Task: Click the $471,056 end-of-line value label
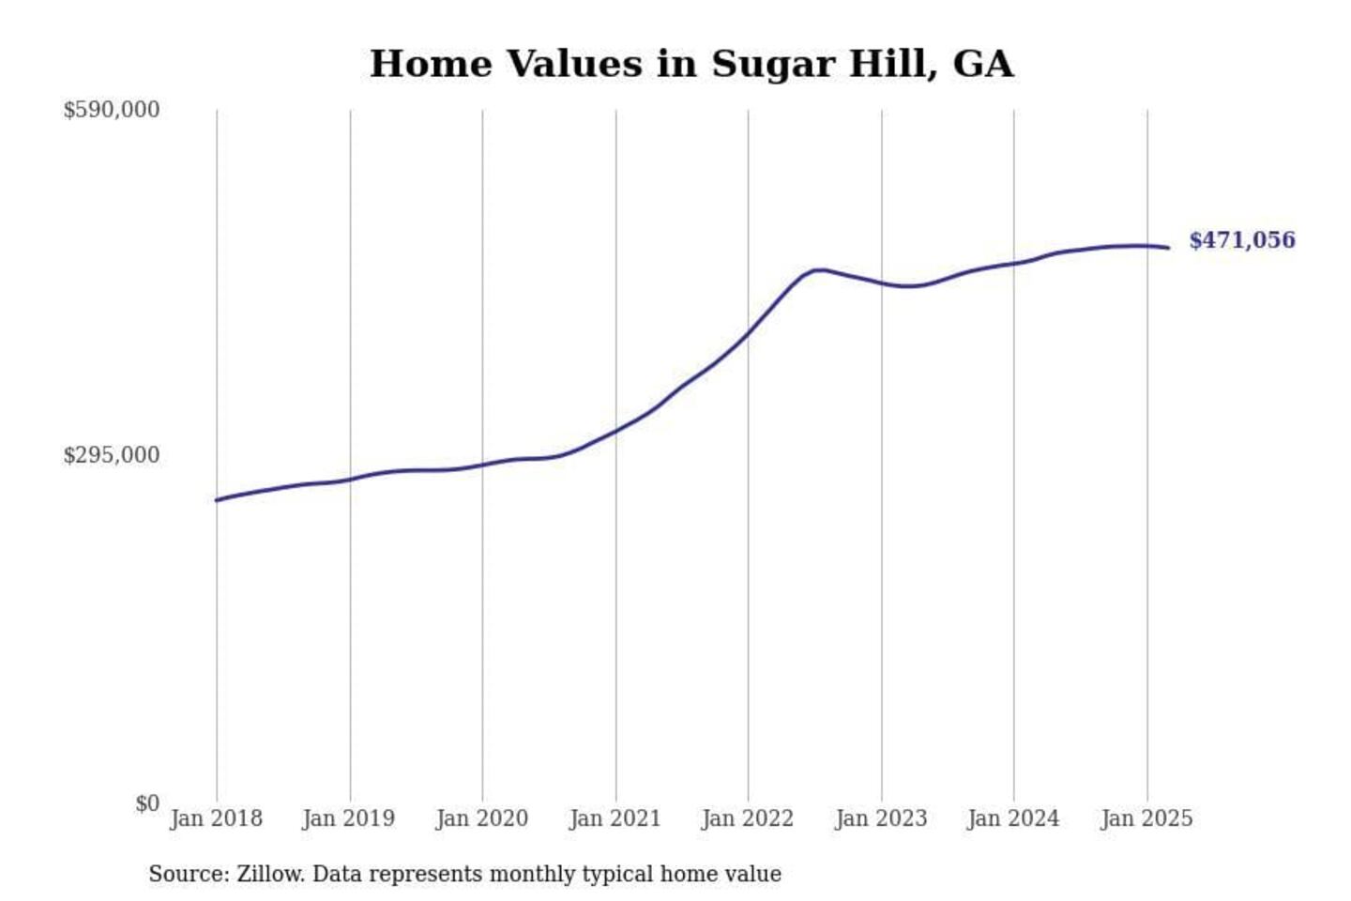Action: click(1241, 240)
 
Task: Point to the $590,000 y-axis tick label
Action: click(111, 110)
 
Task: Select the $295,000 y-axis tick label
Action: click(111, 455)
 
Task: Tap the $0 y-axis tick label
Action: click(147, 803)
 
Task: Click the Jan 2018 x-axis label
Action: click(216, 818)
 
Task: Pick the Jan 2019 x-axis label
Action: click(348, 818)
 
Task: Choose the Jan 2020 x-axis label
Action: click(481, 818)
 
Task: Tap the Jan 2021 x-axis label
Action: click(615, 818)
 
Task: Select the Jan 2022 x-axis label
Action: click(747, 818)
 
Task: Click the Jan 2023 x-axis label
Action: click(880, 818)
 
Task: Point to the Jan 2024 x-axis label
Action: click(1012, 818)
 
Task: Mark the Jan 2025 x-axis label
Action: click(1146, 818)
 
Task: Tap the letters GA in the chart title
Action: click(982, 64)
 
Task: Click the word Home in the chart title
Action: click(431, 64)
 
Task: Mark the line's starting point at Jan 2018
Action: click(217, 500)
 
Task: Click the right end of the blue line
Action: click(1168, 248)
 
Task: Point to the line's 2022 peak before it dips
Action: click(819, 269)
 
